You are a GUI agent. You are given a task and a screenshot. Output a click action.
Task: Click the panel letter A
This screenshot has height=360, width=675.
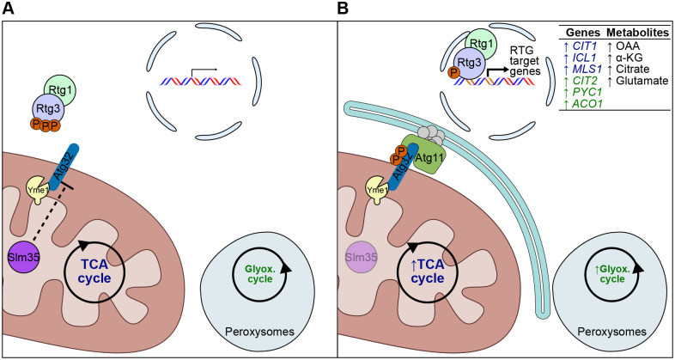click(x=9, y=9)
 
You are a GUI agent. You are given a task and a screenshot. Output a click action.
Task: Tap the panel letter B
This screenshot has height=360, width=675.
click(x=344, y=9)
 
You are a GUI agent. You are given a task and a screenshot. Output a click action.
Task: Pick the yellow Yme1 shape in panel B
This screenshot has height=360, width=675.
click(x=375, y=188)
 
